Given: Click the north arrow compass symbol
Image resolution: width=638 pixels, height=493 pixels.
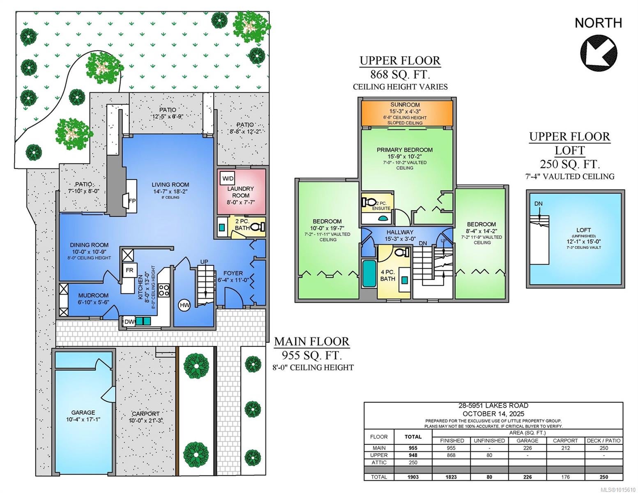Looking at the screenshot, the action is [x=598, y=53].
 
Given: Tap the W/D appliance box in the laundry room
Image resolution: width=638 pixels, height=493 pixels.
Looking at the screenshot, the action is [x=228, y=178].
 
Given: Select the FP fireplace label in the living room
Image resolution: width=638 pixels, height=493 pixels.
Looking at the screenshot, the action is [x=132, y=200].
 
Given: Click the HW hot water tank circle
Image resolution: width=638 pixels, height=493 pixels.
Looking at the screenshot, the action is [x=184, y=305].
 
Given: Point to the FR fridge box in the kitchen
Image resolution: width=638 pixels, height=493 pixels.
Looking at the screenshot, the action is [x=129, y=270].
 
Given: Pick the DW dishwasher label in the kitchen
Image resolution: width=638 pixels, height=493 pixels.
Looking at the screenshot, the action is [x=129, y=322].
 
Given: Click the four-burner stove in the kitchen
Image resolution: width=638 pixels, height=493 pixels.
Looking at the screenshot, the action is [x=164, y=290].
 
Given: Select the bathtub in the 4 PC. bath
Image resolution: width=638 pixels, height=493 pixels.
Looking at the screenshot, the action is [x=369, y=273].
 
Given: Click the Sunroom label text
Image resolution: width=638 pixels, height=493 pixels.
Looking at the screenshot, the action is [x=405, y=104].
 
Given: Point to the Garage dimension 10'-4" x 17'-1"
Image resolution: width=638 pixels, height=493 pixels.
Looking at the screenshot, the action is [x=83, y=419].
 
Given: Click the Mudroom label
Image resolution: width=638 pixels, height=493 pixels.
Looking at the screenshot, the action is [x=93, y=295].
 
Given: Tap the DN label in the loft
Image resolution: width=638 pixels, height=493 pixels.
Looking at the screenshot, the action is [x=538, y=203].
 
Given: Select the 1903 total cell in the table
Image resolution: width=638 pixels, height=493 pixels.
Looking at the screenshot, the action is [x=413, y=477].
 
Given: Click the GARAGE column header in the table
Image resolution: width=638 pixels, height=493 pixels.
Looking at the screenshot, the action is [x=527, y=440].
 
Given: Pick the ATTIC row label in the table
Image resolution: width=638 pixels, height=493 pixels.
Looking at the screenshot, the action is [x=379, y=463].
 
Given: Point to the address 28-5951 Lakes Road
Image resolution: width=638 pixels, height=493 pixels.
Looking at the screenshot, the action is [x=493, y=405].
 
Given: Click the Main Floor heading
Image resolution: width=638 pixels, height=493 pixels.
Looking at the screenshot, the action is [x=312, y=341].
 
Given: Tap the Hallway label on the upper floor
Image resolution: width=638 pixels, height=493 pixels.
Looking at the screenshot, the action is [x=400, y=232].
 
